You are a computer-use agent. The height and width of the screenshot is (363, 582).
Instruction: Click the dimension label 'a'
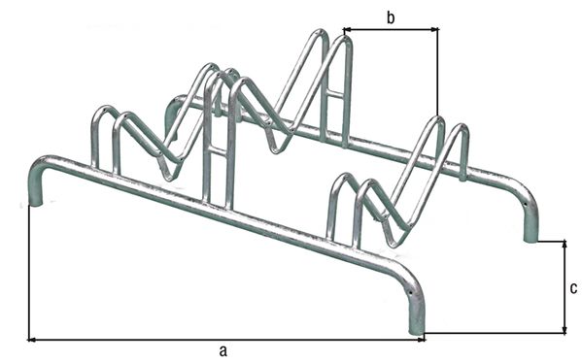click(223, 349)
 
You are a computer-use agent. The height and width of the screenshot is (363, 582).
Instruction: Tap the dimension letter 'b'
click(390, 16)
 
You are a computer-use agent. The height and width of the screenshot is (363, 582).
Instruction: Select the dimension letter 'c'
click(572, 288)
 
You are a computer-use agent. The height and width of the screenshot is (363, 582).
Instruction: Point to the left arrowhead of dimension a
click(32, 340)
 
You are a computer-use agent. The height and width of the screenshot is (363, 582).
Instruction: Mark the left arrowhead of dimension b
click(346, 30)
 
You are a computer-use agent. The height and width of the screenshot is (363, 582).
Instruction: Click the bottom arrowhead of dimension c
click(565, 329)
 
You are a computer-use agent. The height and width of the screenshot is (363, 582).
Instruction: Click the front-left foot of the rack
click(35, 200)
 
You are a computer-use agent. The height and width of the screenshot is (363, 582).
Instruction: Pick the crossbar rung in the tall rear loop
click(333, 93)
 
